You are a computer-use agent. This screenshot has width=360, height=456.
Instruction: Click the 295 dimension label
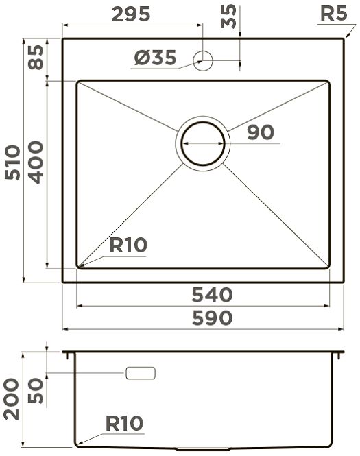click(131, 14)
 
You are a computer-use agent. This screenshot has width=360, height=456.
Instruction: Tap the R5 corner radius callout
click(333, 13)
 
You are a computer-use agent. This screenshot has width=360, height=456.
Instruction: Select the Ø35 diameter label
click(155, 58)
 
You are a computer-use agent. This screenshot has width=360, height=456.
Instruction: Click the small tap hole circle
click(203, 60)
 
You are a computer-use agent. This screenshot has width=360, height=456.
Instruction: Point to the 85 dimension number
click(36, 58)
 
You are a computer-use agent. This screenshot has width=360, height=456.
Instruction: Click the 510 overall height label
click(12, 163)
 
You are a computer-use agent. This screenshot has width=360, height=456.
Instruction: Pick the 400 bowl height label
click(36, 163)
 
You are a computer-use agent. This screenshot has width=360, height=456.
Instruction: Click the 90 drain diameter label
click(261, 132)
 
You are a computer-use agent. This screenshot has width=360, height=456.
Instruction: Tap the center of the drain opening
click(203, 143)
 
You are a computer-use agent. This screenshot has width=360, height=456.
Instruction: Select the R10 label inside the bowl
click(128, 245)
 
